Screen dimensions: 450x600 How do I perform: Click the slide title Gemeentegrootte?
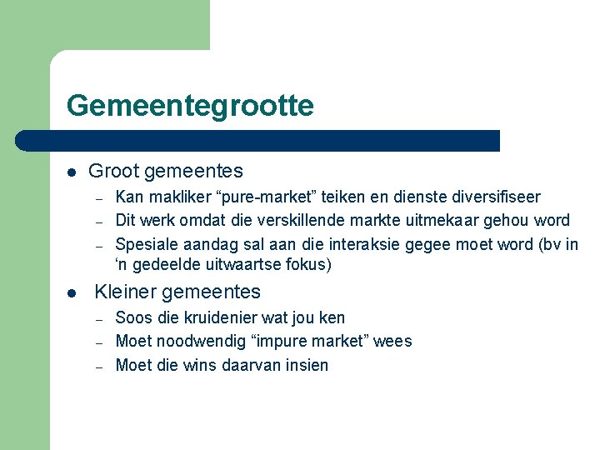[x=190, y=106]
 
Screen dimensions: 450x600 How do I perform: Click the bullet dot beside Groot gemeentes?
[x=72, y=172]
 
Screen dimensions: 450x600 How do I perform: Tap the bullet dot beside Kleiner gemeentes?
[x=72, y=292]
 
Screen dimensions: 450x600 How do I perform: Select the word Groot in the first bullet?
[x=113, y=172]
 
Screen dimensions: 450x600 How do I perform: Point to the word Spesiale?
[x=144, y=244]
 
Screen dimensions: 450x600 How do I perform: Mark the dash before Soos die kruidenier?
[x=98, y=319]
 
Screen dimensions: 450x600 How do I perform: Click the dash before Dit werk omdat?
[x=98, y=222]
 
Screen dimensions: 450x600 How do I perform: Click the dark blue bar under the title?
[x=258, y=141]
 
